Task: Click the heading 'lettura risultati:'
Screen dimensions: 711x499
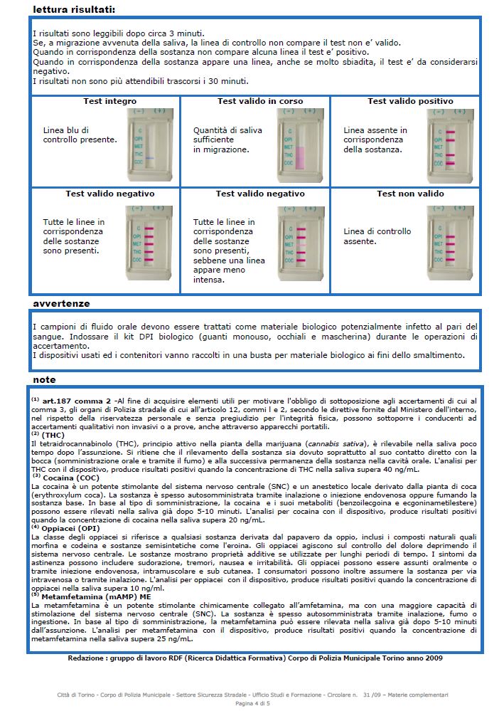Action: tap(74, 9)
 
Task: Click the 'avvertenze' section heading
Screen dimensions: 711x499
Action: tap(61, 303)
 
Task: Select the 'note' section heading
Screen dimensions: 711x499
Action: tap(44, 379)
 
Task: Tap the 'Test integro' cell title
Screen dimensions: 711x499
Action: tap(109, 101)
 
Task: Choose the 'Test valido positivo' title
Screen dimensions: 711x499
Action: tap(410, 101)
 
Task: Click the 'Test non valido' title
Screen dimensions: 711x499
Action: tap(410, 194)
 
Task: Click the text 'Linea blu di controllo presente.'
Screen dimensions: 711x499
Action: tap(80, 135)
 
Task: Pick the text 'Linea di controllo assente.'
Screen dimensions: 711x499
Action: tap(377, 236)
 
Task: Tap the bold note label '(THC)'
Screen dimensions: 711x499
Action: tap(53, 434)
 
